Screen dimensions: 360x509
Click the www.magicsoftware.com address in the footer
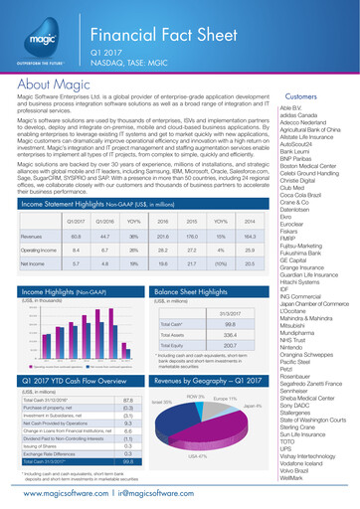point(62,494)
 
